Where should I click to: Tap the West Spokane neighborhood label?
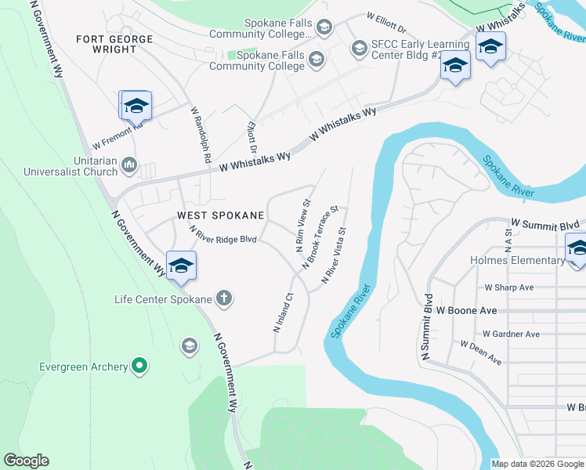tap(221, 215)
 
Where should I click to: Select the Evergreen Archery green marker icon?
tap(139, 366)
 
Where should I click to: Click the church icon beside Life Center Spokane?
tap(224, 298)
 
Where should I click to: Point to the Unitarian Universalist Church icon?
tap(129, 165)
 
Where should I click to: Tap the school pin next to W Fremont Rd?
tap(136, 106)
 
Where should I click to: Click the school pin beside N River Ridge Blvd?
tap(181, 266)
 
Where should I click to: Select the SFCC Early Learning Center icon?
tap(360, 49)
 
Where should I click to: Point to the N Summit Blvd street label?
tap(427, 327)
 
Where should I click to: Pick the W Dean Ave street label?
tap(481, 352)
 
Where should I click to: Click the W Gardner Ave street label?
tap(511, 334)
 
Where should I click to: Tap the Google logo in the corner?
tap(26, 461)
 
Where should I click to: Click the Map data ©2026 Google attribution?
tap(537, 464)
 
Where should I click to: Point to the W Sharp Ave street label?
tap(508, 287)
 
